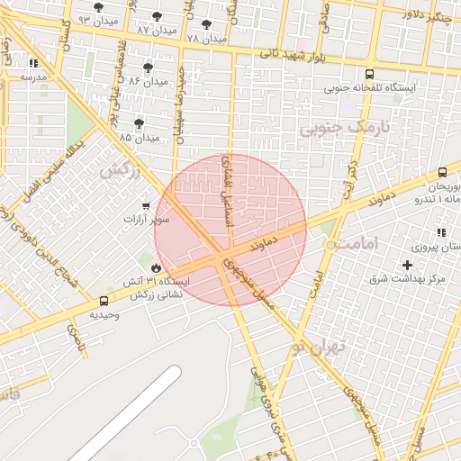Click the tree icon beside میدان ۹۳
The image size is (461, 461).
pyautogui.click(x=99, y=7)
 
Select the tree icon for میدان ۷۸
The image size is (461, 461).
pyautogui.click(x=207, y=24)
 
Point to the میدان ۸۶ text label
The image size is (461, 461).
pyautogui.click(x=149, y=81)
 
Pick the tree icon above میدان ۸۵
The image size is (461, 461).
pyautogui.click(x=139, y=123)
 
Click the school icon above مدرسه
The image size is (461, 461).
pyautogui.click(x=34, y=64)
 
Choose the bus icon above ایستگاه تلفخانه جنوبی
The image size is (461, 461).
pyautogui.click(x=370, y=74)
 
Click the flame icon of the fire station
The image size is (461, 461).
pyautogui.click(x=157, y=267)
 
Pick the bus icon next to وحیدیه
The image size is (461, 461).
pyautogui.click(x=104, y=302)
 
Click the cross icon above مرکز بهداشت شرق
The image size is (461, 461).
pyautogui.click(x=408, y=265)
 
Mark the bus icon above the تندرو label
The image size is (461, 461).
pyautogui.click(x=442, y=172)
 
